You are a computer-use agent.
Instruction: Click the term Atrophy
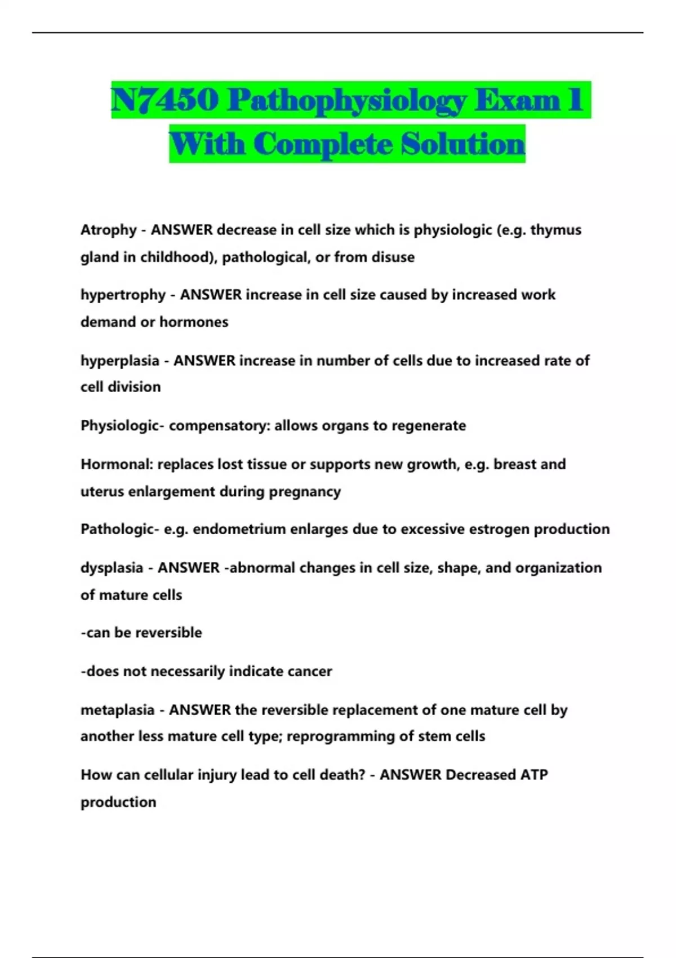click(x=109, y=230)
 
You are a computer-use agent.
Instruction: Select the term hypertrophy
click(x=123, y=295)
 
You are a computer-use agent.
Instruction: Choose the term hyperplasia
click(x=120, y=361)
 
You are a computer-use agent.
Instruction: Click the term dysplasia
click(x=112, y=567)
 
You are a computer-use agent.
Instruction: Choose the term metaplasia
click(x=117, y=709)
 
